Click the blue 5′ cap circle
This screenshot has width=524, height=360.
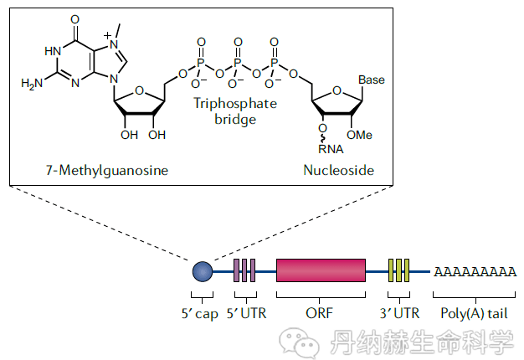[202, 270]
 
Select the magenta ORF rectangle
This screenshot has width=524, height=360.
[321, 270]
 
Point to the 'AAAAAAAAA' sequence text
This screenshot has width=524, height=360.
[474, 272]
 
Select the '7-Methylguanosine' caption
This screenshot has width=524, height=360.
[106, 171]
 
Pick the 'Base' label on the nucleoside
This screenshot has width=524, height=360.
[371, 80]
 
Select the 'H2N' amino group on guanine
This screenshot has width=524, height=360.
[32, 84]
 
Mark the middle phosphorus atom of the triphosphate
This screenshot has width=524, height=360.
[238, 63]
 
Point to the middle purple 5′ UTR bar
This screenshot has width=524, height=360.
[244, 270]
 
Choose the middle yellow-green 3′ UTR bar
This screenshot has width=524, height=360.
[398, 270]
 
